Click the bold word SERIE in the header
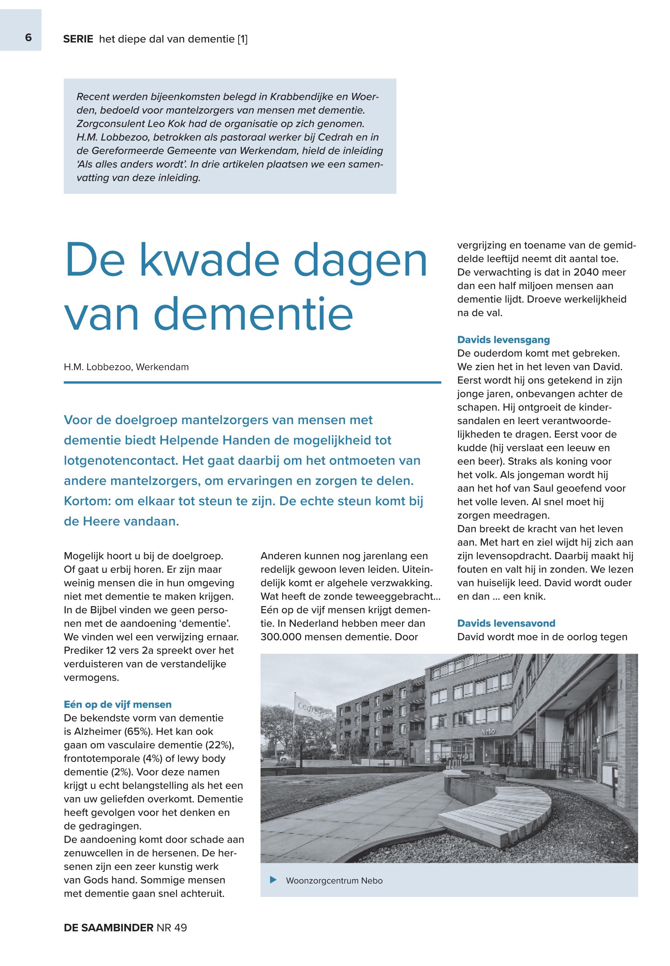[x=78, y=40]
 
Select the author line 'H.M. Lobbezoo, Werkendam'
[x=126, y=368]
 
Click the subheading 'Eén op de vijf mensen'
[x=118, y=704]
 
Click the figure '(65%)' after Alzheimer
[x=139, y=731]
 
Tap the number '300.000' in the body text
[x=280, y=637]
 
